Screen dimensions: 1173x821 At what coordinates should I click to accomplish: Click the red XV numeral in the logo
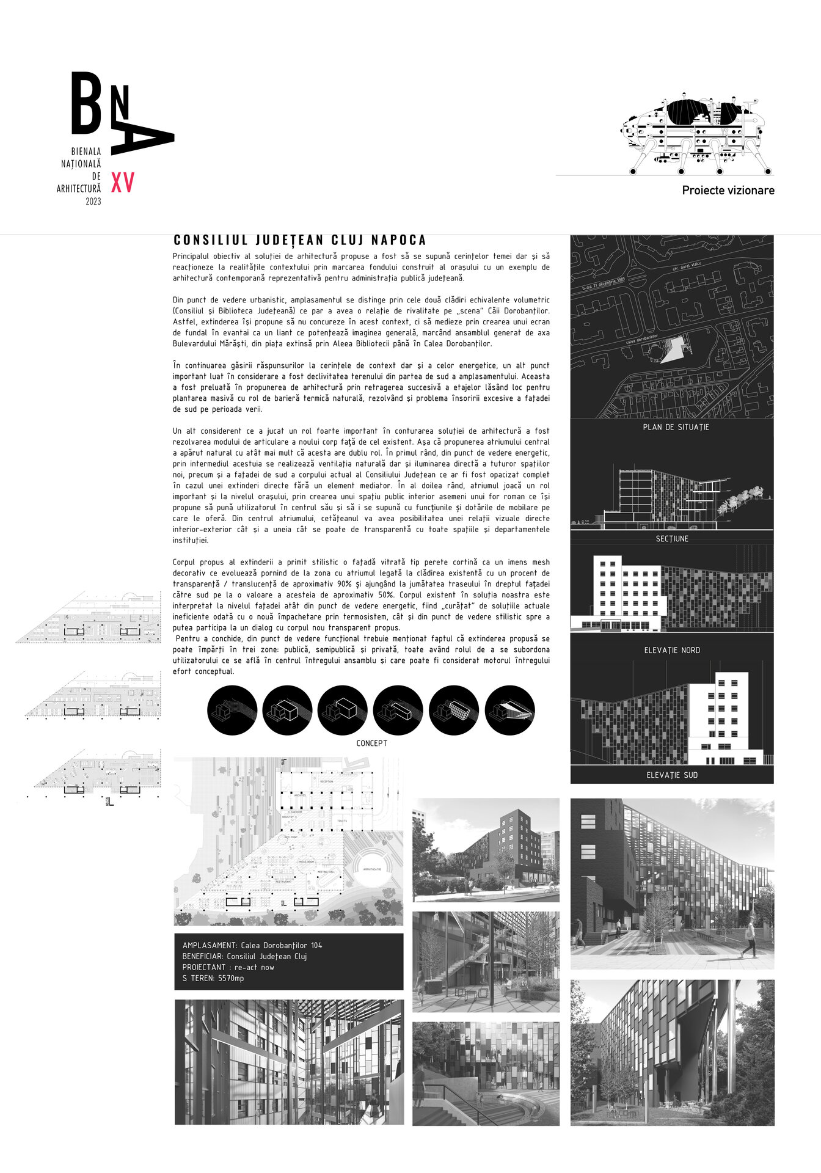(122, 183)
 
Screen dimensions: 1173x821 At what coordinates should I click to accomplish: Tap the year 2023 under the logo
(93, 202)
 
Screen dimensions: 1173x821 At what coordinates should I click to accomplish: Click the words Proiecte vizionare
(728, 191)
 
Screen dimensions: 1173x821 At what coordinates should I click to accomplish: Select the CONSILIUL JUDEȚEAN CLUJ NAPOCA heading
(300, 240)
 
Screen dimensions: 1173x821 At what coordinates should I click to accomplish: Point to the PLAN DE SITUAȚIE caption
(676, 427)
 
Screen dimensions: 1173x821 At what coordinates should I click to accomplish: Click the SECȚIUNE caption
(672, 539)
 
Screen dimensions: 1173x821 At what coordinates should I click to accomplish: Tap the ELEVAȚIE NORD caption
(672, 650)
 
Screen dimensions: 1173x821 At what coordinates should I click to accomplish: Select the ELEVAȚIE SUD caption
(672, 775)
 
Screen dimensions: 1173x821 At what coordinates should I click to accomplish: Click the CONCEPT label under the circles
(371, 744)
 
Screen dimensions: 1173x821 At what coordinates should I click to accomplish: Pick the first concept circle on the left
(232, 710)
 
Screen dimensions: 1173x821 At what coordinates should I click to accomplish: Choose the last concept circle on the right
(509, 710)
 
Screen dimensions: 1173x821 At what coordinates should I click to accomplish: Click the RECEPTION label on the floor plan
(327, 781)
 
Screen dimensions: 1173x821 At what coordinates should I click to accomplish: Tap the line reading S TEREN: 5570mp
(213, 978)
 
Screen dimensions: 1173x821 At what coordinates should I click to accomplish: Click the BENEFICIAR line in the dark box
(244, 956)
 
